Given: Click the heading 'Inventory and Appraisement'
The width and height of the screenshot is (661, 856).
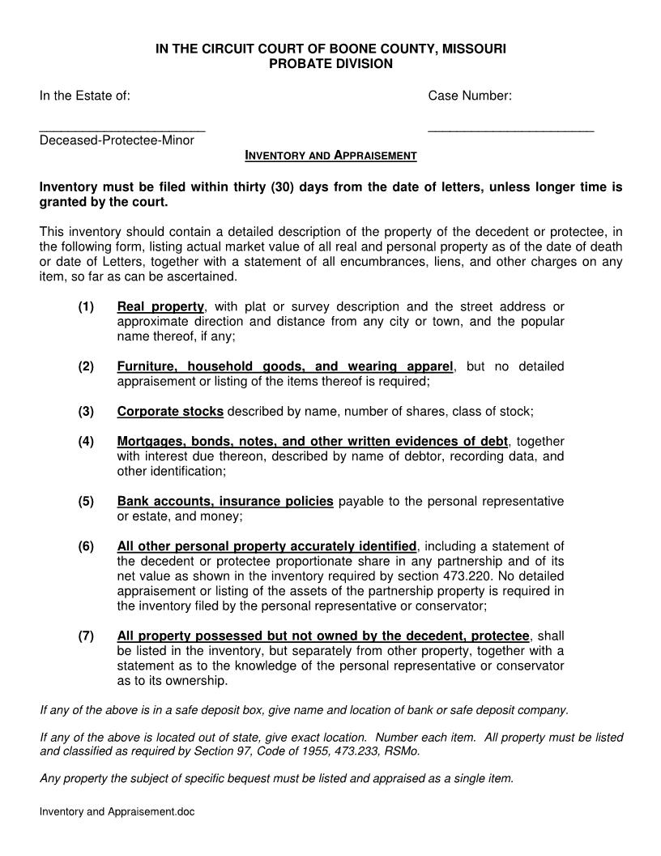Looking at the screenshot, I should point(330,155).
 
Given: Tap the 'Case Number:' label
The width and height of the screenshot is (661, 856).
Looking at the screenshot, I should point(470,96).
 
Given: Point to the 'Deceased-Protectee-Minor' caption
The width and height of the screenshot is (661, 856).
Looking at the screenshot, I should point(117,140).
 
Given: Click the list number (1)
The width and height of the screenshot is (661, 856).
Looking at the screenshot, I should point(87,306).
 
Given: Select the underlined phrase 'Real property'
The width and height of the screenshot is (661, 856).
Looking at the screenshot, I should point(160,306).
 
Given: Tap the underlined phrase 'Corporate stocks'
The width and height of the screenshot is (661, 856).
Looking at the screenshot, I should point(170,411).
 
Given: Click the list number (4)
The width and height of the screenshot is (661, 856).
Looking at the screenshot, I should point(87,441).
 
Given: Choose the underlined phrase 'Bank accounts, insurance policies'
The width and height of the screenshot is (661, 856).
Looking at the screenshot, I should point(225,501).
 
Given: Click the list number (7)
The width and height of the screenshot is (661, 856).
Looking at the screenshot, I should point(87,636).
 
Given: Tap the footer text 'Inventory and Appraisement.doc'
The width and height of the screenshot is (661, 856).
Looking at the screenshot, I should point(117,811).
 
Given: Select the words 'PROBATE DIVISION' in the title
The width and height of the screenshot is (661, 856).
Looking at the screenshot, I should point(330,63).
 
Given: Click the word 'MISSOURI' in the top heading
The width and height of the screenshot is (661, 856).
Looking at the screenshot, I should point(474,49).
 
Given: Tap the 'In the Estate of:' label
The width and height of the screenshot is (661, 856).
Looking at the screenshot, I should point(85,96).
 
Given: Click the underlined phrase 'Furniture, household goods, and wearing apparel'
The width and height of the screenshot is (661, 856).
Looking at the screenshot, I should point(285,366).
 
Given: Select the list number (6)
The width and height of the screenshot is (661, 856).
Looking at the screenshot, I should point(87,546).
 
